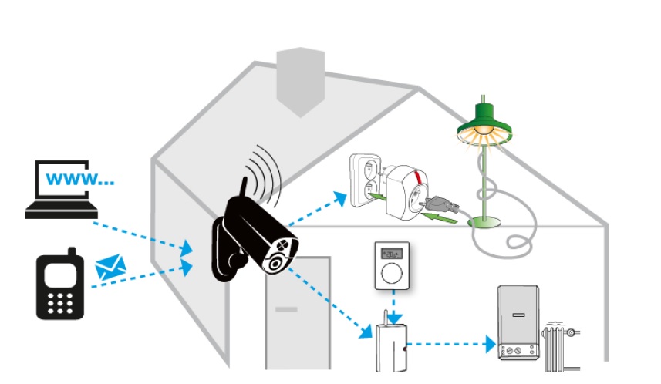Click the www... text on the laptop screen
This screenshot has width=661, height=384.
pos(80,180)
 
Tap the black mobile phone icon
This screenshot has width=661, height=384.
pos(59,285)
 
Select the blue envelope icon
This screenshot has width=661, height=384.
pos(110,268)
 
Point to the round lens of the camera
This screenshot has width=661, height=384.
pos(275,262)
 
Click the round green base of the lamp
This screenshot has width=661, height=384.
pos(487,223)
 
